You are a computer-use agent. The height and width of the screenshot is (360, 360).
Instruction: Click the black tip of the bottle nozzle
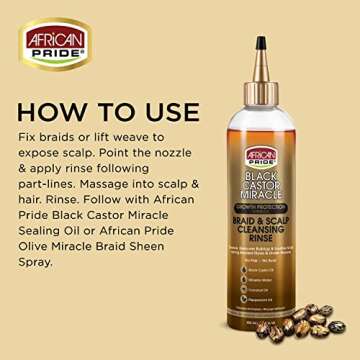(x=260, y=43)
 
